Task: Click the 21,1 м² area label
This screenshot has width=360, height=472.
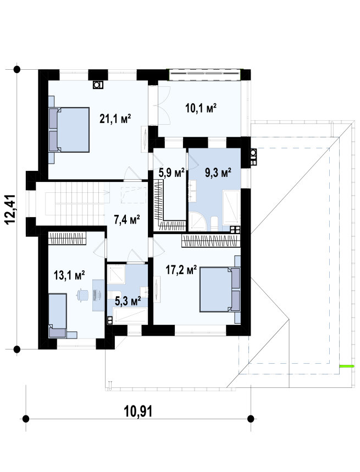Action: click(115, 119)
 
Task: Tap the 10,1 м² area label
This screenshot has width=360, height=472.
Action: click(201, 108)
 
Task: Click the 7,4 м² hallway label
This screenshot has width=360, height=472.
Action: click(127, 220)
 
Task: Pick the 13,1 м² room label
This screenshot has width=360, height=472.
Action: click(69, 275)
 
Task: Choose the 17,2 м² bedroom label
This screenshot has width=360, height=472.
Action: click(181, 270)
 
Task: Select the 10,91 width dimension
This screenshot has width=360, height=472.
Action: click(138, 411)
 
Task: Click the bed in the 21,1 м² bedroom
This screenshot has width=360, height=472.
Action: click(69, 130)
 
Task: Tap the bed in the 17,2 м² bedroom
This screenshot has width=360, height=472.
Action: click(220, 289)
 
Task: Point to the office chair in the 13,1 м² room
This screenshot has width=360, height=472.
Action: click(82, 295)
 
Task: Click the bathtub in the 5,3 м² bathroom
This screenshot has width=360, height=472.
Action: click(130, 316)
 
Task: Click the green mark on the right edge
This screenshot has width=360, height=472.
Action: click(345, 367)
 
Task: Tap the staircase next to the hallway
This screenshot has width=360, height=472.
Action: click(75, 199)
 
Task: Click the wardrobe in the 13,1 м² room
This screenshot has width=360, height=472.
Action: click(68, 238)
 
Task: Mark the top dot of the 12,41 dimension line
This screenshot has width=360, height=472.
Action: click(17, 70)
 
